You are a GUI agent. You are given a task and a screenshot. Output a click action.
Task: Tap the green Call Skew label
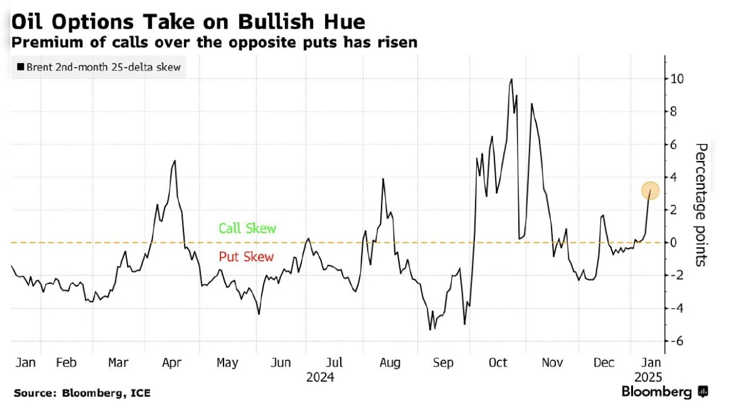click(x=247, y=229)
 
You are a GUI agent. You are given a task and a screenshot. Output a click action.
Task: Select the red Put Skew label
click(x=247, y=257)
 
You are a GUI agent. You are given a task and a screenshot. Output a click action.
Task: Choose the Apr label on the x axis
click(x=173, y=363)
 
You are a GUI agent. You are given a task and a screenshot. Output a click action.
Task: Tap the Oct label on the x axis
click(x=498, y=363)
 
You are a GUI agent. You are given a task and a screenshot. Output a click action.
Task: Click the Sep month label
click(x=443, y=363)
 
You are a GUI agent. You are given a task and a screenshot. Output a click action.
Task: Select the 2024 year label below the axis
click(x=320, y=377)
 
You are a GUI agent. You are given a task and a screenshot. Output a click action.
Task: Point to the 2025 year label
click(x=647, y=377)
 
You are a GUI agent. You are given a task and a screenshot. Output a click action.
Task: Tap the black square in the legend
click(x=21, y=67)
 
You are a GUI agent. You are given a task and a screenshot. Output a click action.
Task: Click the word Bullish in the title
click(x=272, y=22)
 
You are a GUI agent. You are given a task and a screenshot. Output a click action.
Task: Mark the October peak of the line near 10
click(x=512, y=79)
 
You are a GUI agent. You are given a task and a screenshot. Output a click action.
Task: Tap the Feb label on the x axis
click(x=66, y=363)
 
